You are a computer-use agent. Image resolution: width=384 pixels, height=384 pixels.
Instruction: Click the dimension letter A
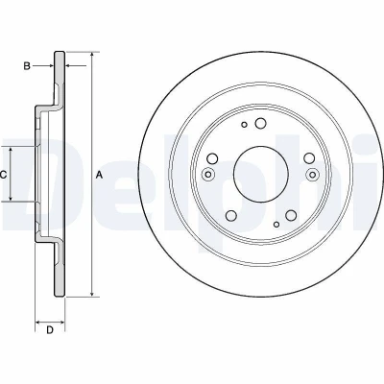tap(100, 175)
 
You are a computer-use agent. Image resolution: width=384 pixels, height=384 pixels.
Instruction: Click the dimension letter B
tap(27, 66)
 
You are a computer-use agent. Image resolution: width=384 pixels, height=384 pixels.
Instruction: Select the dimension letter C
tap(3, 175)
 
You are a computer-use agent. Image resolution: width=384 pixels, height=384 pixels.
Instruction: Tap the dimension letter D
tap(50, 330)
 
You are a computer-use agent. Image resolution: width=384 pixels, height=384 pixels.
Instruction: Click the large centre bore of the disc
tap(261, 175)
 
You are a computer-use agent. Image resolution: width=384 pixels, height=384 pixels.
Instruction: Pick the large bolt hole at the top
tap(260, 123)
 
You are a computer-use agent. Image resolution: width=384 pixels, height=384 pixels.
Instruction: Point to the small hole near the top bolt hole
tap(244, 125)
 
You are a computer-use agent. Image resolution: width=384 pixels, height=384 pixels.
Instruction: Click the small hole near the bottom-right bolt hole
tap(276, 225)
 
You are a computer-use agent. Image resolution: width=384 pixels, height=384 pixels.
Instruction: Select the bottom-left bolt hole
tap(231, 215)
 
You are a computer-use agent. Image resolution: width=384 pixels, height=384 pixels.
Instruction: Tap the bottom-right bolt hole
tap(291, 215)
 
